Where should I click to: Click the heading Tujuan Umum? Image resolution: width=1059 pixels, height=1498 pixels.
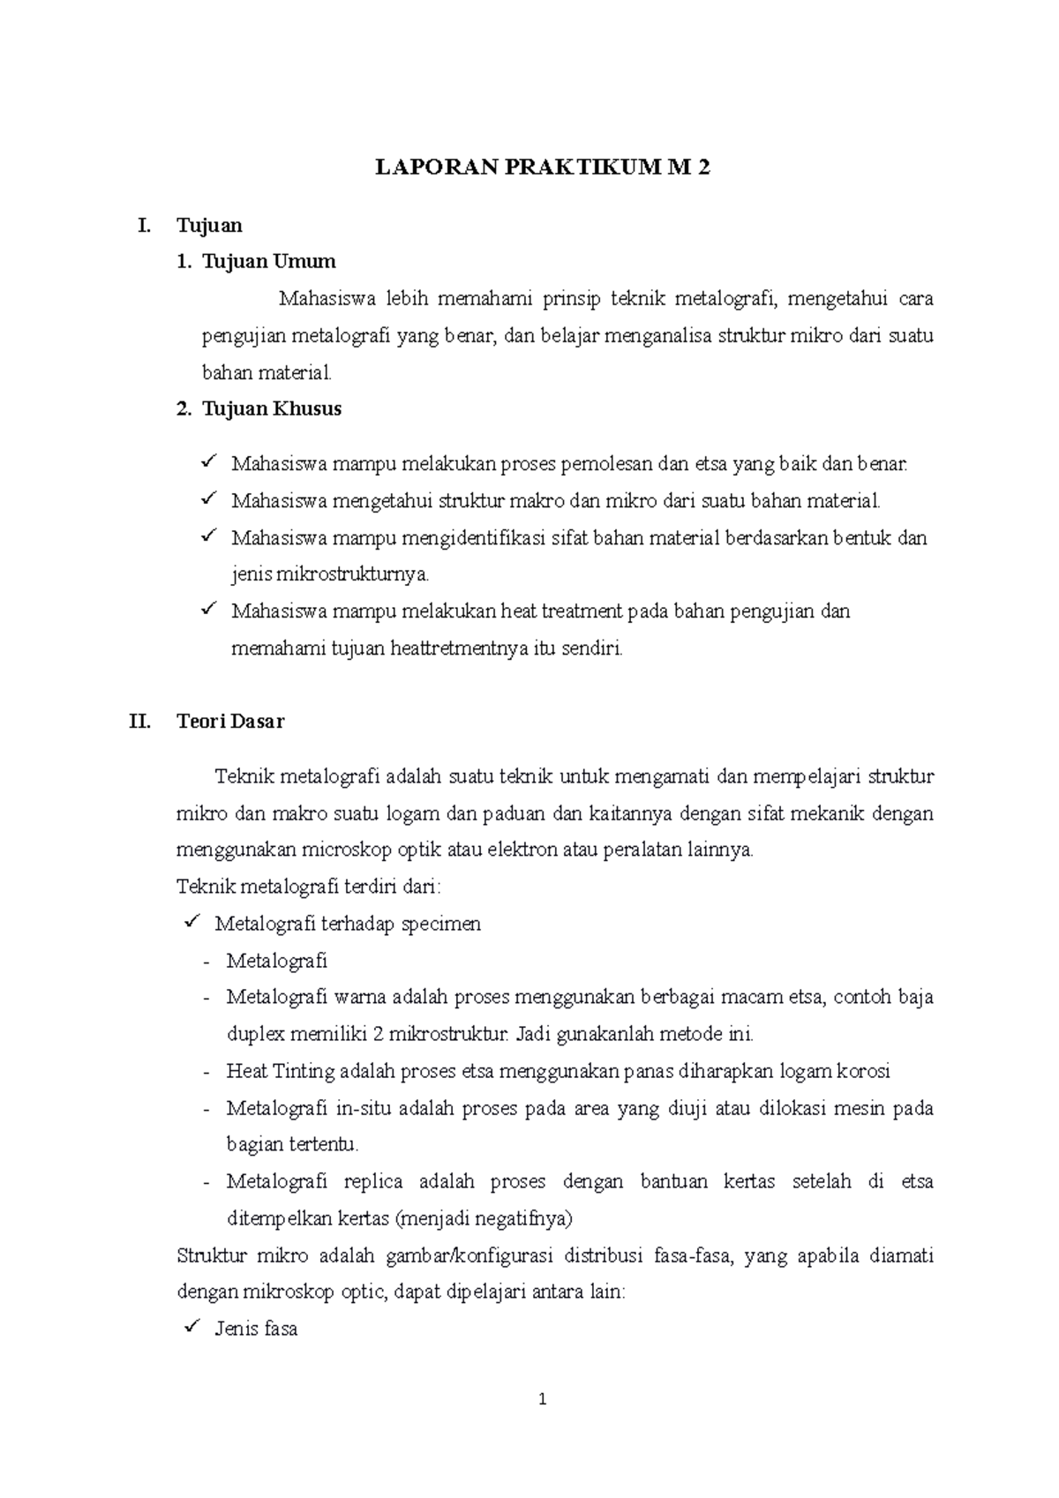[268, 262]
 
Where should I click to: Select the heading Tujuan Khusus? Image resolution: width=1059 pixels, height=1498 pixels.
[271, 409]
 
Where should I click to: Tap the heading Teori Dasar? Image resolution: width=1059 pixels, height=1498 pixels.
[230, 722]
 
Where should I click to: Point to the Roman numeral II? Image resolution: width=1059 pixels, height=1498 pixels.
[139, 722]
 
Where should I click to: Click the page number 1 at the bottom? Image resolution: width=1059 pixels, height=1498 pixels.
[543, 1399]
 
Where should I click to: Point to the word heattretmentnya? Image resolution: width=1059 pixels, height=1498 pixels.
[458, 649]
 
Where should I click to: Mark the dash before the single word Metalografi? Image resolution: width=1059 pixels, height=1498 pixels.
[207, 962]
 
